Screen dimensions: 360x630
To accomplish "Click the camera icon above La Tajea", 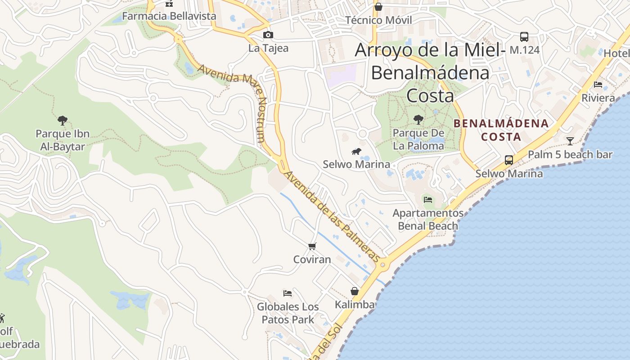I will [x=268, y=35].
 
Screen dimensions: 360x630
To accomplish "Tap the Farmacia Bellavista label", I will [x=169, y=16].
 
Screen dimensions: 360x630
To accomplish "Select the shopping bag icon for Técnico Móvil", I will [x=378, y=7].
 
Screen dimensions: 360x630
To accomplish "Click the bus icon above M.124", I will [x=524, y=36].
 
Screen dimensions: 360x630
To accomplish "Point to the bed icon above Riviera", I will [x=598, y=85].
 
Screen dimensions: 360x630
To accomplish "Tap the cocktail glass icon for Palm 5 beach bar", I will [x=570, y=141].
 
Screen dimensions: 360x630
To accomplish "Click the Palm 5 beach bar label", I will [x=570, y=155].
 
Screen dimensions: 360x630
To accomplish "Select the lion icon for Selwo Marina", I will [x=356, y=151].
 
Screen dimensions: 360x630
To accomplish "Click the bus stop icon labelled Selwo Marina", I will [x=509, y=160].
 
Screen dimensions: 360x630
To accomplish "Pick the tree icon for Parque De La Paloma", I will [x=418, y=120].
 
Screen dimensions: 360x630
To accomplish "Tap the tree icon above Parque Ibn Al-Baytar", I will [x=63, y=120].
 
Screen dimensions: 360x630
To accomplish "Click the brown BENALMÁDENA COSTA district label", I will [x=501, y=130].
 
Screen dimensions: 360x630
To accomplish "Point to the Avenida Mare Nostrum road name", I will [x=232, y=103].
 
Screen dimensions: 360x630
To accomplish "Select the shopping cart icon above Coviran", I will [x=312, y=246].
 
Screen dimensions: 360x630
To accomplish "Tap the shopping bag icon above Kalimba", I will [x=355, y=291].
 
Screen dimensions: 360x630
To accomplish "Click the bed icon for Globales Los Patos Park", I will [x=288, y=293].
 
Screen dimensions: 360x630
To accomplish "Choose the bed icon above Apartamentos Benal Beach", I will [x=428, y=199].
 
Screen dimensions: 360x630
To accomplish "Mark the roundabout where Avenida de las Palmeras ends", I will [x=383, y=265].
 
